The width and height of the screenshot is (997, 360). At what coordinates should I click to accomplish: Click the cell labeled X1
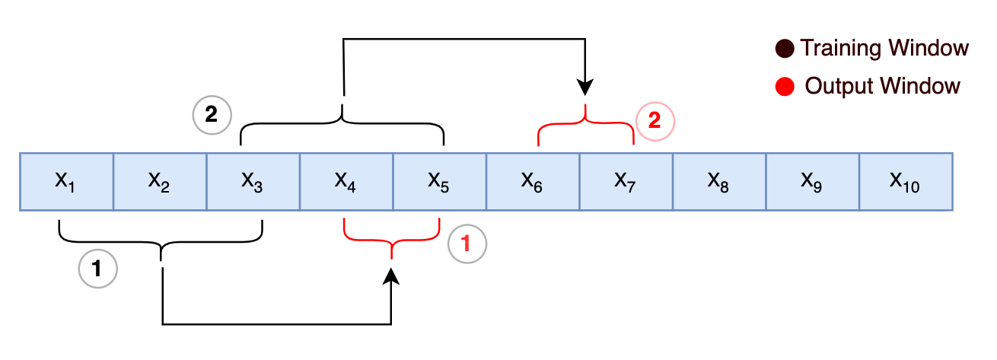[x=66, y=181]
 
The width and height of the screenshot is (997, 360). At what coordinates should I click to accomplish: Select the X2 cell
[x=160, y=181]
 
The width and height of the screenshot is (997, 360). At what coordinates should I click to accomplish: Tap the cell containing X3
[x=253, y=181]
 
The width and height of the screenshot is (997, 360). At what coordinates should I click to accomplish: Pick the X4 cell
[x=346, y=181]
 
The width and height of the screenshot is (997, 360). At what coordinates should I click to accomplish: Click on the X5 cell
[x=440, y=181]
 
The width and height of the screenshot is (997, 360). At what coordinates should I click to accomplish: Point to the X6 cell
[x=533, y=181]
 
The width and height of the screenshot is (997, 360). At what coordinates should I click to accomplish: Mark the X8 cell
[x=719, y=181]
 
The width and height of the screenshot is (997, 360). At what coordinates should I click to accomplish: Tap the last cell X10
[x=906, y=181]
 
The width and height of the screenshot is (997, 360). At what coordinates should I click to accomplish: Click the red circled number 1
[x=467, y=244]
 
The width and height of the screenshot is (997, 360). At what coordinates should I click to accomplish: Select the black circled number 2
[x=211, y=115]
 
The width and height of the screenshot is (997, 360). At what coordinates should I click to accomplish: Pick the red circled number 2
[x=655, y=120]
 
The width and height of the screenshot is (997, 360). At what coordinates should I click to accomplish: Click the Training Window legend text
[x=884, y=49]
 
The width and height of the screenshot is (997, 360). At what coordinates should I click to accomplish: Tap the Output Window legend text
[x=882, y=86]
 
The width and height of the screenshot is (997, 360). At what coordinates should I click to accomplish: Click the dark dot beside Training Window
[x=785, y=49]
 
